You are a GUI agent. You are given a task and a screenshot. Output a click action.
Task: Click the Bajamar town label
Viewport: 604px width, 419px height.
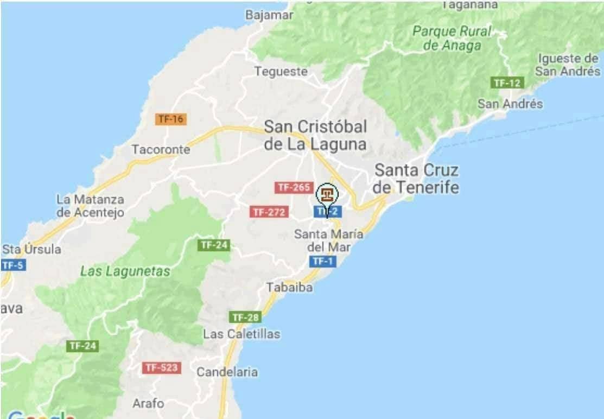click(269, 15)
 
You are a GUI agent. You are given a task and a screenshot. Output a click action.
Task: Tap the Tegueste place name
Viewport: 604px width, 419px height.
click(281, 71)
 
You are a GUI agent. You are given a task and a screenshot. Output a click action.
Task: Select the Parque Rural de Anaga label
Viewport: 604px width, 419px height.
click(452, 38)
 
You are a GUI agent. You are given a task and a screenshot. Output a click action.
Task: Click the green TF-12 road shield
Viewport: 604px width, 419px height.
click(507, 83)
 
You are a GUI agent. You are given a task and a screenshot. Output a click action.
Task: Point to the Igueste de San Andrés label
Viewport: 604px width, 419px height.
click(568, 65)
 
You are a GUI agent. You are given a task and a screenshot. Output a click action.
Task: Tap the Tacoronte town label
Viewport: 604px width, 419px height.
click(161, 149)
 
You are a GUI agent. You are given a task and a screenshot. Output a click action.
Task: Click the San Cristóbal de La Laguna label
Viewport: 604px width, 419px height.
click(315, 135)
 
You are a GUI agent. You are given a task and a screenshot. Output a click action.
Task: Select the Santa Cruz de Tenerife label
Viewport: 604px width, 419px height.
click(417, 179)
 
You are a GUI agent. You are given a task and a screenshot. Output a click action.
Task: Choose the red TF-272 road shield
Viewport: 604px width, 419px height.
click(269, 212)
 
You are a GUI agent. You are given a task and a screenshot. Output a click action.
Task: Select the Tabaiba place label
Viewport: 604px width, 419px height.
click(289, 288)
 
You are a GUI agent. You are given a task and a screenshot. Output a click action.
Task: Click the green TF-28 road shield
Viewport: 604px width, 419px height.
click(246, 317)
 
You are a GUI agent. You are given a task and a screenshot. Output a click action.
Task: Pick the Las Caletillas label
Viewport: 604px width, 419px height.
click(241, 334)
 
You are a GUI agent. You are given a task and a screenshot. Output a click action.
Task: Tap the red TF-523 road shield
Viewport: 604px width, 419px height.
click(161, 367)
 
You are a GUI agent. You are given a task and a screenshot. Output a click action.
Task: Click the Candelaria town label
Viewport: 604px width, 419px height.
click(227, 372)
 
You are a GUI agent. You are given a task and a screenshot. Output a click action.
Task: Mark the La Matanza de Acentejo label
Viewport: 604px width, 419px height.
click(90, 206)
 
